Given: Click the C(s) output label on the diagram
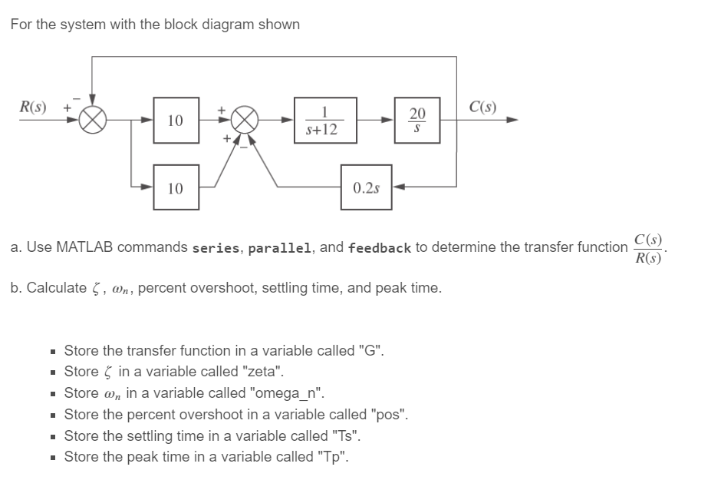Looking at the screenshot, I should [x=482, y=106].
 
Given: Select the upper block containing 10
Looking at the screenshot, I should [x=176, y=121].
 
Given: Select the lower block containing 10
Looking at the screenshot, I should [x=176, y=187].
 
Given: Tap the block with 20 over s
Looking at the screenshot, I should [x=416, y=121].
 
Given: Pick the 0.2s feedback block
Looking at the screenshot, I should [x=366, y=187].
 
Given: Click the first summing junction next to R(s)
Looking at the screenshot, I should [x=93, y=121].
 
